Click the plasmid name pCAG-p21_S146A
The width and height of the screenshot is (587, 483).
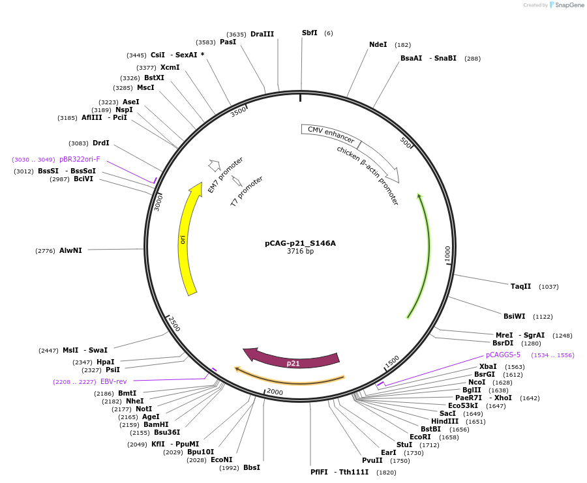(300, 243)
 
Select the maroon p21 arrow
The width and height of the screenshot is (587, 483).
(293, 361)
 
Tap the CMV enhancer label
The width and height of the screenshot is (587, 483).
(331, 135)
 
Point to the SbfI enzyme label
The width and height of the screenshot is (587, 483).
(309, 33)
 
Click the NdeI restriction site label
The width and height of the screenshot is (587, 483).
(378, 45)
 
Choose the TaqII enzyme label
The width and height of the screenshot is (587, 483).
(520, 286)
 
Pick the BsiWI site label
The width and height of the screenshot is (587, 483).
(514, 316)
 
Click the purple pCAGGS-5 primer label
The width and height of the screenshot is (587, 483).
(503, 355)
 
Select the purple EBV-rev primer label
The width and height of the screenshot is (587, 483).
(113, 381)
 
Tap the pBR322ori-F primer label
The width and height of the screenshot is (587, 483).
(80, 159)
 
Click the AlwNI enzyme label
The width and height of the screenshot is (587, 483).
(70, 250)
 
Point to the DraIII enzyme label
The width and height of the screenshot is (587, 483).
(262, 34)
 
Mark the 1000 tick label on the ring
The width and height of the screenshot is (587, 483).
(447, 254)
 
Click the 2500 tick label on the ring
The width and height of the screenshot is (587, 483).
(173, 323)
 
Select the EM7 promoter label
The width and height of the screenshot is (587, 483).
(225, 175)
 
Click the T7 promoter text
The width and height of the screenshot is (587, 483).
(247, 191)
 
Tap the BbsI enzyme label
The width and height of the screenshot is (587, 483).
(251, 467)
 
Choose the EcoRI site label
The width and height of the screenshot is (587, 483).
(420, 437)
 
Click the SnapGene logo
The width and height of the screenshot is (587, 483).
(566, 5)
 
